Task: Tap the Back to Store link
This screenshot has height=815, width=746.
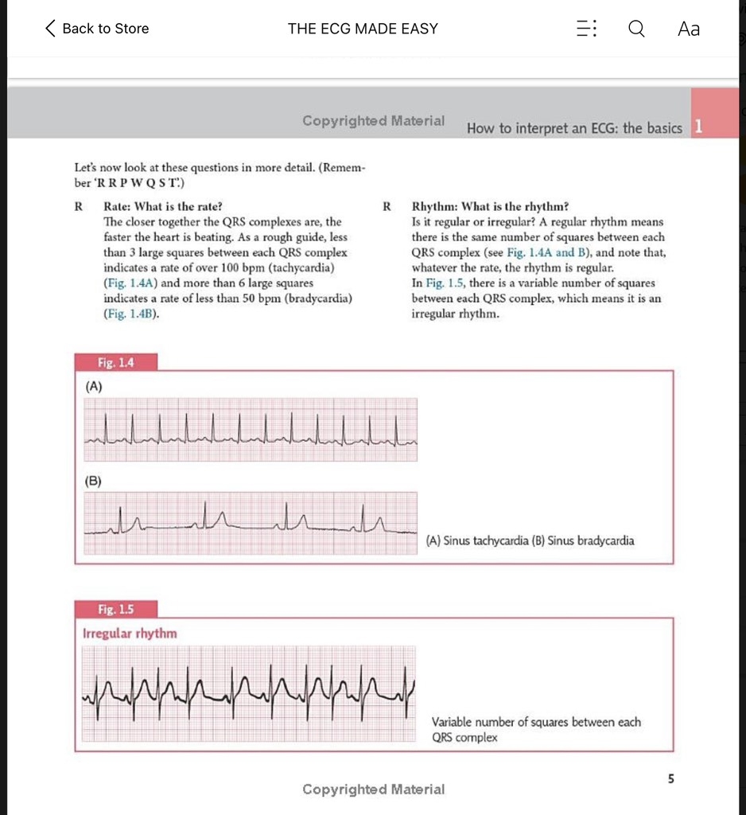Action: coord(97,29)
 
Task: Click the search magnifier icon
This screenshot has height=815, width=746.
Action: coord(636,29)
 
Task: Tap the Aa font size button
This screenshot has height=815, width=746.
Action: coord(689,29)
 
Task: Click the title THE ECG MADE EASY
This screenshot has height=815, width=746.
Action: coord(363,29)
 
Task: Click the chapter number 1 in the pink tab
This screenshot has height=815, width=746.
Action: coord(697,127)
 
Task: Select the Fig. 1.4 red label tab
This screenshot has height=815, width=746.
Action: coord(116,363)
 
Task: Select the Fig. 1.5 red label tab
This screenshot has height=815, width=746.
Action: coord(116,610)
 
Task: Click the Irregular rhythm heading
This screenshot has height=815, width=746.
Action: coord(130,634)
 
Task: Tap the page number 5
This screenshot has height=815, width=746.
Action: coord(670,778)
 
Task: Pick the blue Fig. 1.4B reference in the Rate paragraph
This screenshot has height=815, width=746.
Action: coord(131,314)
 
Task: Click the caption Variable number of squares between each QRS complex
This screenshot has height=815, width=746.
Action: coord(535,730)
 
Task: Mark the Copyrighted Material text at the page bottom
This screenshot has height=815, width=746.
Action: coord(373,789)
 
